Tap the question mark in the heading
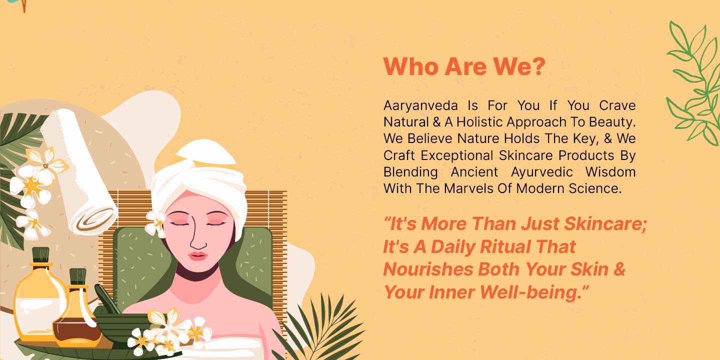(x=537, y=66)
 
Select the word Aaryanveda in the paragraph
(x=420, y=106)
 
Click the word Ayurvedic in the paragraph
(x=542, y=172)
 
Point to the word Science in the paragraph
(x=594, y=188)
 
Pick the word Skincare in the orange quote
(x=605, y=223)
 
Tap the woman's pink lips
(x=197, y=256)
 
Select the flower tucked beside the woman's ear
(x=155, y=223)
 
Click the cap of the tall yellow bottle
(x=41, y=255)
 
